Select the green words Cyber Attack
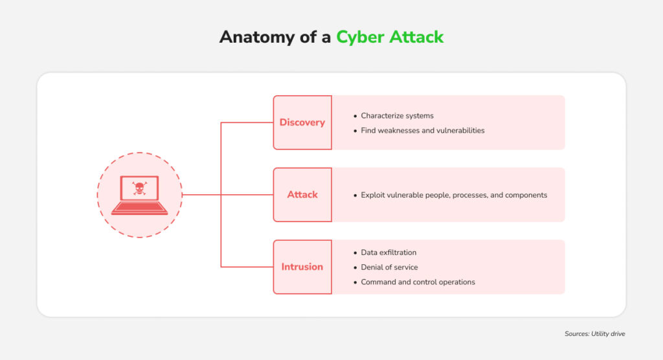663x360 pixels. pos(390,37)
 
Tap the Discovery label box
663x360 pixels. pos(302,122)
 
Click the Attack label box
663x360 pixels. pos(302,194)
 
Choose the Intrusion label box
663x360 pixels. pos(302,267)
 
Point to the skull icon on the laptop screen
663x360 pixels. pos(139,188)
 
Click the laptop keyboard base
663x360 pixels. pos(139,208)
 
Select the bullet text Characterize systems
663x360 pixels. pos(397,116)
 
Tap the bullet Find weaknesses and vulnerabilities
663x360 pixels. pos(423,131)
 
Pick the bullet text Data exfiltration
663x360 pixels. pos(388,253)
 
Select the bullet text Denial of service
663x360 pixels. pos(389,267)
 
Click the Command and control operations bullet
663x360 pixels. pos(418,282)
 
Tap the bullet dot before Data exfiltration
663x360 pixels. pos(355,253)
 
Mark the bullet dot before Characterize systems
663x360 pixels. pos(355,116)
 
